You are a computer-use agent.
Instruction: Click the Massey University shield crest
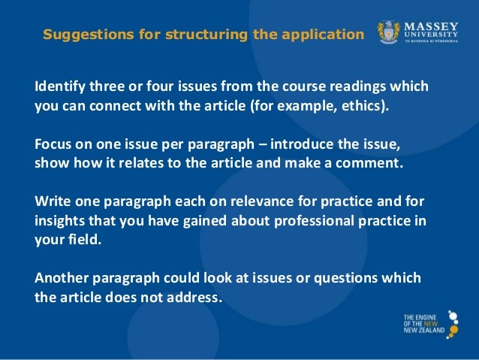pos(389,34)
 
